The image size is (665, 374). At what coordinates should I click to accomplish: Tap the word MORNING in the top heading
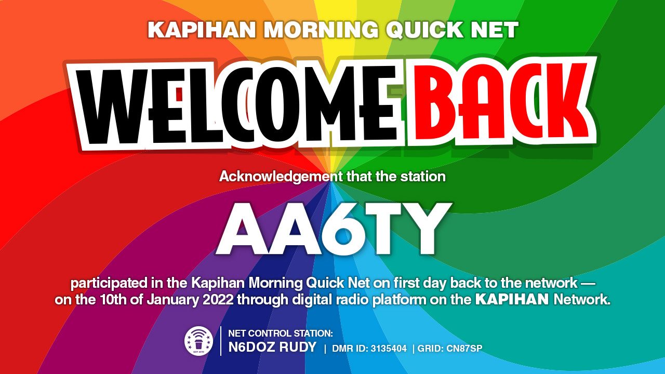(x=321, y=30)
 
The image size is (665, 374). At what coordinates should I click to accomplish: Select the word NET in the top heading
(x=495, y=30)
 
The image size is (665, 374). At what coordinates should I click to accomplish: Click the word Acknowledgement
(x=281, y=177)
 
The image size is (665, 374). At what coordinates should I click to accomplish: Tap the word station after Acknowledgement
(x=423, y=177)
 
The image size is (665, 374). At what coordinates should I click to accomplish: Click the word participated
(x=109, y=284)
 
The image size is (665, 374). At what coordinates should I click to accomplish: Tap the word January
(x=172, y=300)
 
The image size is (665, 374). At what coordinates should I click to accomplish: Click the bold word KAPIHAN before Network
(x=512, y=300)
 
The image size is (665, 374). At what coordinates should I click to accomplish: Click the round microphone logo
(x=198, y=341)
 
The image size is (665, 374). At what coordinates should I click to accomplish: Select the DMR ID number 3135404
(x=389, y=349)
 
